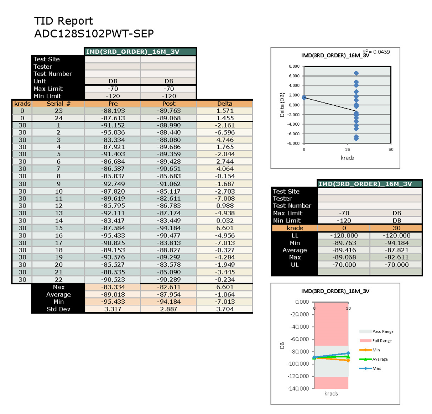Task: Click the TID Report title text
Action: click(63, 21)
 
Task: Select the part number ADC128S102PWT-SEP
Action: click(94, 34)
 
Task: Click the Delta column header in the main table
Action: click(225, 104)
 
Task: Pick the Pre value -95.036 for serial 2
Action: click(113, 132)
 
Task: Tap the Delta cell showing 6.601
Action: click(225, 228)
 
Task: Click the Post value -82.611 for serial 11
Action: click(169, 199)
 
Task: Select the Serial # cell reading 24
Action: click(58, 118)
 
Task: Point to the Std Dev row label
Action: click(58, 309)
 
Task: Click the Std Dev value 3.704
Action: click(225, 309)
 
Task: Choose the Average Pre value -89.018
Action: click(113, 295)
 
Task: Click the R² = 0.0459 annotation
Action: click(376, 52)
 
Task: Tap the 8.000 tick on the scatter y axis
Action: click(294, 66)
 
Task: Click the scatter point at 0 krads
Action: click(304, 98)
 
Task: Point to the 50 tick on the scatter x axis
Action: click(391, 150)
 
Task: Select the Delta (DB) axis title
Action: click(282, 105)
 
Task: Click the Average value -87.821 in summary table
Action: click(396, 250)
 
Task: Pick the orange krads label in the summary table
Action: click(295, 228)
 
